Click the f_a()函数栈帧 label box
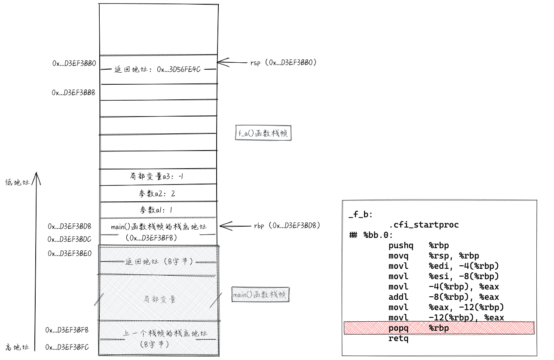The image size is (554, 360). pyautogui.click(x=263, y=134)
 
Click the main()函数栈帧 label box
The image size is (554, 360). pyautogui.click(x=260, y=295)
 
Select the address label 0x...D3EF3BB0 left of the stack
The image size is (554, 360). pyautogui.click(x=74, y=63)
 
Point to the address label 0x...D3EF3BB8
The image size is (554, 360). pyautogui.click(x=73, y=92)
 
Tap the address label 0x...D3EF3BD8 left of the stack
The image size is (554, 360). pyautogui.click(x=70, y=226)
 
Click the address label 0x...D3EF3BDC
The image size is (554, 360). pyautogui.click(x=70, y=239)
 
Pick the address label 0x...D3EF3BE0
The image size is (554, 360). pyautogui.click(x=70, y=253)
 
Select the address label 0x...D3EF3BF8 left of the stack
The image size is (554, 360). pyautogui.click(x=67, y=330)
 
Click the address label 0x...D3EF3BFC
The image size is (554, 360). pyautogui.click(x=67, y=347)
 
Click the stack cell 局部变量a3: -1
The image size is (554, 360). pyautogui.click(x=157, y=176)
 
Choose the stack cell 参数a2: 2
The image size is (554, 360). pyautogui.click(x=157, y=194)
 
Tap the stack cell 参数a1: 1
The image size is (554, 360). pyautogui.click(x=157, y=210)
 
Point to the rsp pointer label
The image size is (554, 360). pyautogui.click(x=283, y=62)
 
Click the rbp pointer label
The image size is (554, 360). pyautogui.click(x=287, y=225)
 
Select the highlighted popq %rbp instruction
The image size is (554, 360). pyautogui.click(x=419, y=328)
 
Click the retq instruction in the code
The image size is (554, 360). pyautogui.click(x=398, y=338)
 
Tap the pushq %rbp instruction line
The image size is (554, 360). pyautogui.click(x=419, y=246)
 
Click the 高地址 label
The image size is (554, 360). pyautogui.click(x=17, y=347)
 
